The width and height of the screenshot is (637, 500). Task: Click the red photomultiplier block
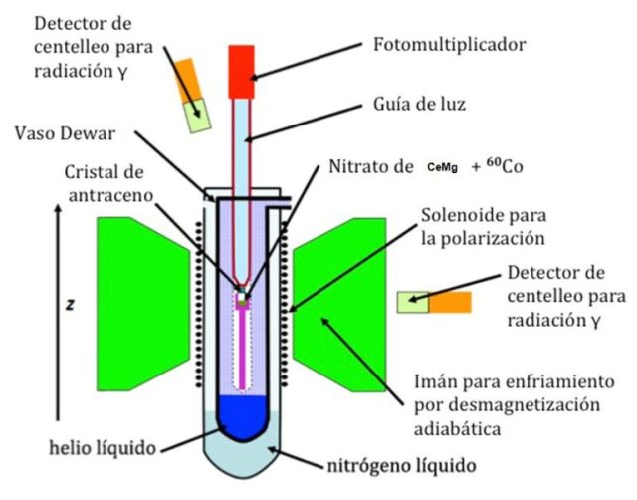(x=243, y=62)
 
